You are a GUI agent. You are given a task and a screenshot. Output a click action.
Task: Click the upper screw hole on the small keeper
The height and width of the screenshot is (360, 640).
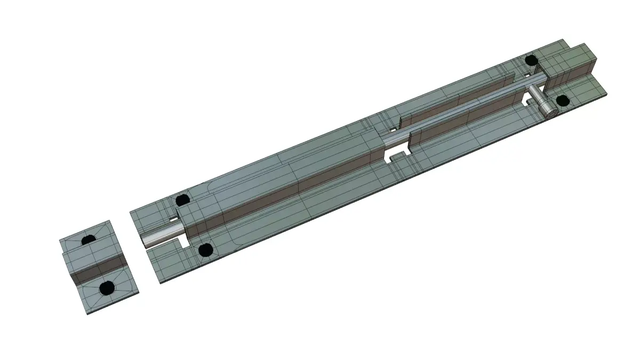[x=88, y=240]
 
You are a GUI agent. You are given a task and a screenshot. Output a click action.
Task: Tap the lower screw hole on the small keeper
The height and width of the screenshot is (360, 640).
[x=108, y=288]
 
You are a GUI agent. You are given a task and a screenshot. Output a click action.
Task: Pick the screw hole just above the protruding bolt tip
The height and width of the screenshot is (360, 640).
[x=182, y=200]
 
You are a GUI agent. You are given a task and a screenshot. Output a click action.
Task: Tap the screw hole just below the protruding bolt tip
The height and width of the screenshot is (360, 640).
[x=205, y=249]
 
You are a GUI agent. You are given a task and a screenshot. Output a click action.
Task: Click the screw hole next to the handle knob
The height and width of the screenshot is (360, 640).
[x=562, y=100]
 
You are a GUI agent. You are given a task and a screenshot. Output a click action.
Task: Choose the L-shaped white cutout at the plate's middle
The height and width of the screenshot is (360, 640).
[x=395, y=156]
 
